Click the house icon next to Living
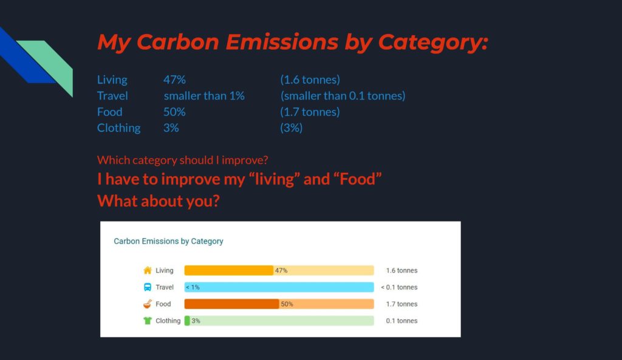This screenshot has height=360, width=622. pos(148,270)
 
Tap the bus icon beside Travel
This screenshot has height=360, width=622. pos(148,287)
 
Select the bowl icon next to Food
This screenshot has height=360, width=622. pos(148,304)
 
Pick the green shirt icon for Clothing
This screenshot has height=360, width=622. pos(148,321)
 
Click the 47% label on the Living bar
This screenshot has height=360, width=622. pos(281,270)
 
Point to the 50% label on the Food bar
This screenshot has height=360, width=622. pos(287,304)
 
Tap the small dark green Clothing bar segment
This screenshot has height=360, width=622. pos(187,321)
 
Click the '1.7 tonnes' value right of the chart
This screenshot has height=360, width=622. pos(402,304)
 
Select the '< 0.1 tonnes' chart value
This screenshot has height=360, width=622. pos(399,287)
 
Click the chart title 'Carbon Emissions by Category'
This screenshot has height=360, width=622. pos(169,241)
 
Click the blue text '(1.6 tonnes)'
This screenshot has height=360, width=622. pos(310,80)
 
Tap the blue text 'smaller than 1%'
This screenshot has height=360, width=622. pos(204,95)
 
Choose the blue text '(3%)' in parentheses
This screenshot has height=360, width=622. pos(291,127)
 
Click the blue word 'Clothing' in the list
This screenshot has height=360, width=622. pos(119,127)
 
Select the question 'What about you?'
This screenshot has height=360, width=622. pos(159,201)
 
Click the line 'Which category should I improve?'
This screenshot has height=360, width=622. pos(182,160)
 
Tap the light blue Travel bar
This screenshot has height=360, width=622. pos(279,287)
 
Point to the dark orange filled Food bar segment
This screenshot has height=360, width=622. pos(231,304)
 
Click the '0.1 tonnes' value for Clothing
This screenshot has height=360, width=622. pos(402,321)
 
